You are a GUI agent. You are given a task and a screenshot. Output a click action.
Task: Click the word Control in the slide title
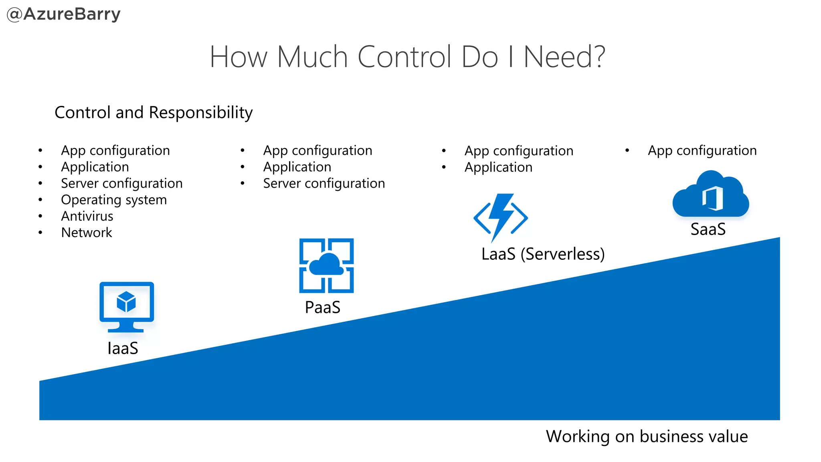(405, 57)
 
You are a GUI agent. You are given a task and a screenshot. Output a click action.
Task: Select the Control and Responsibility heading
(154, 112)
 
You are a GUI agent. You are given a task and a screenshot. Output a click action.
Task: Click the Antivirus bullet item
(87, 216)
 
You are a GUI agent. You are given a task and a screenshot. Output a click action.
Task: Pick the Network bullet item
(87, 233)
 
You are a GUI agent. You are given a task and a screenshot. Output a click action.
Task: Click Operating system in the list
(113, 200)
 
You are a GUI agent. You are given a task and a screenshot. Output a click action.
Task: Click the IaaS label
(123, 348)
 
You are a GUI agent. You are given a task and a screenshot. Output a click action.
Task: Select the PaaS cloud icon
(326, 265)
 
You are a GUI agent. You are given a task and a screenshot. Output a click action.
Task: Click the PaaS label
(322, 308)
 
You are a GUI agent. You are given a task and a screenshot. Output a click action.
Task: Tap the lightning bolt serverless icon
(501, 218)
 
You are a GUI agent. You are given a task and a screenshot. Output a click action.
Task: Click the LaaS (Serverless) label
(543, 254)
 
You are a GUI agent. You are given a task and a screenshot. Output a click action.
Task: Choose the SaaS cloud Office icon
(711, 195)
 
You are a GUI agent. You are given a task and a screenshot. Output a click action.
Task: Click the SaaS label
(708, 229)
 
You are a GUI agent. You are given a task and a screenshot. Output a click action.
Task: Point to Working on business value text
(647, 436)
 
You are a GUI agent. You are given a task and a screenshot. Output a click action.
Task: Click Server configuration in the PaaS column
(324, 184)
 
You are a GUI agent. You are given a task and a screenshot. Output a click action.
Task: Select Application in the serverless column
(498, 167)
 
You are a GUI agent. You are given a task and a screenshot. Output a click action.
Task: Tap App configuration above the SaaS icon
(702, 150)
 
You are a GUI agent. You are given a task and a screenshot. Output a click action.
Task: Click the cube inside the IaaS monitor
(126, 302)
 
